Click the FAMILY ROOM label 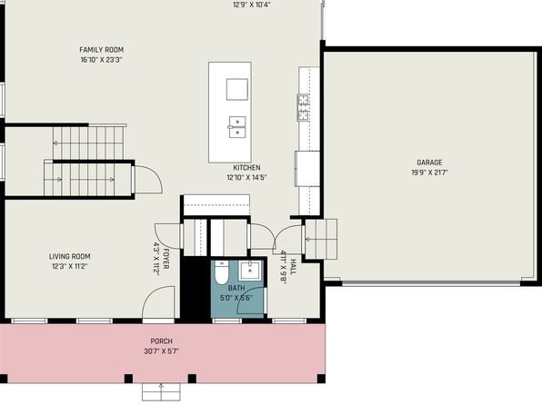click(x=101, y=50)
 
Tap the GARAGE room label click(x=429, y=163)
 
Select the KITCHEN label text click(x=246, y=168)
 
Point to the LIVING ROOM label click(x=69, y=257)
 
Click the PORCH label click(x=162, y=341)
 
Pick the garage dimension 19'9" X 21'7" click(x=429, y=173)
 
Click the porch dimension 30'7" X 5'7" click(x=162, y=351)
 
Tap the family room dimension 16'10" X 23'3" click(x=101, y=60)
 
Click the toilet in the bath click(x=221, y=272)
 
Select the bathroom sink click(x=250, y=271)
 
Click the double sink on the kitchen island click(x=237, y=127)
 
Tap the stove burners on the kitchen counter click(x=303, y=107)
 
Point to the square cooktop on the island click(x=237, y=89)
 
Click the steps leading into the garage click(x=321, y=239)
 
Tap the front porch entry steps click(x=161, y=391)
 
